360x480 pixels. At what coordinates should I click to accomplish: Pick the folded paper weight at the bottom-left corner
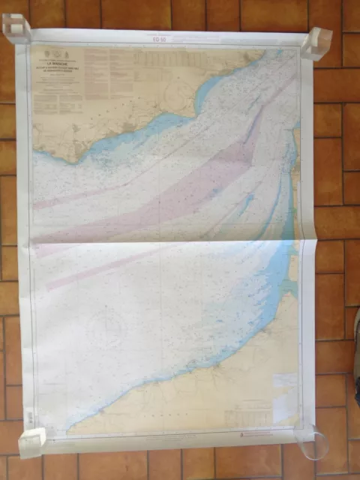(x=31, y=442)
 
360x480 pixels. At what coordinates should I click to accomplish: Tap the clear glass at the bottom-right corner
(x=313, y=442)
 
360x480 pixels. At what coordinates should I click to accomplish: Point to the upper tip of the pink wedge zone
(x=262, y=112)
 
